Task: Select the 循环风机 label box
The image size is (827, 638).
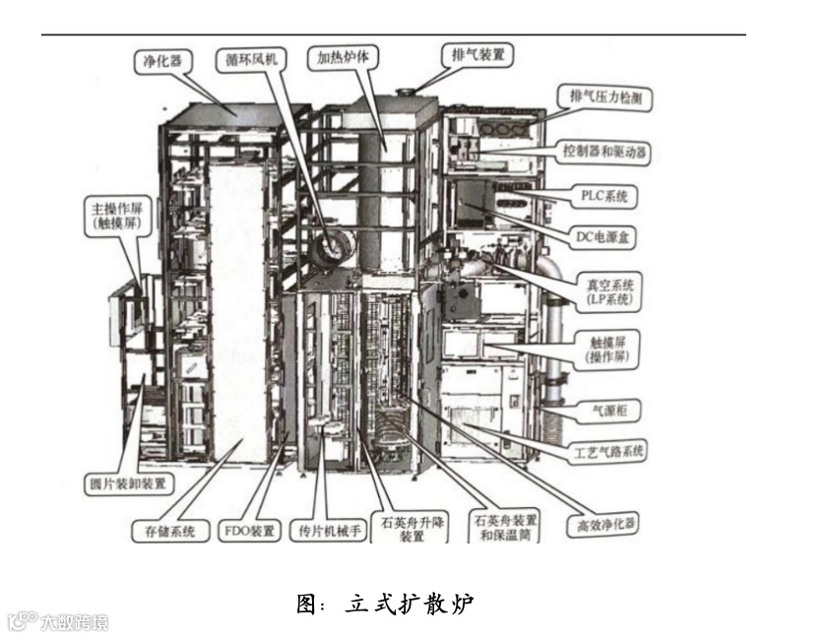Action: pyautogui.click(x=247, y=59)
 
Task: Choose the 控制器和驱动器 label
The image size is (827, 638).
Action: pyautogui.click(x=605, y=153)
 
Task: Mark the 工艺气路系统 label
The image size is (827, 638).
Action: pyautogui.click(x=608, y=452)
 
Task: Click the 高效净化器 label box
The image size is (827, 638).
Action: pyautogui.click(x=601, y=524)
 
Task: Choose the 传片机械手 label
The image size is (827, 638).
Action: pyautogui.click(x=329, y=531)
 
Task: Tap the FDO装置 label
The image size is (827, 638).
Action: pyautogui.click(x=250, y=531)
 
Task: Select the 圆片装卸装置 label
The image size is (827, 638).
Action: pyautogui.click(x=127, y=484)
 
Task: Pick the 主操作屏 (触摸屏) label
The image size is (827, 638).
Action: pyautogui.click(x=118, y=216)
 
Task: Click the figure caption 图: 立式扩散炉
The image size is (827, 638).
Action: pyautogui.click(x=386, y=604)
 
